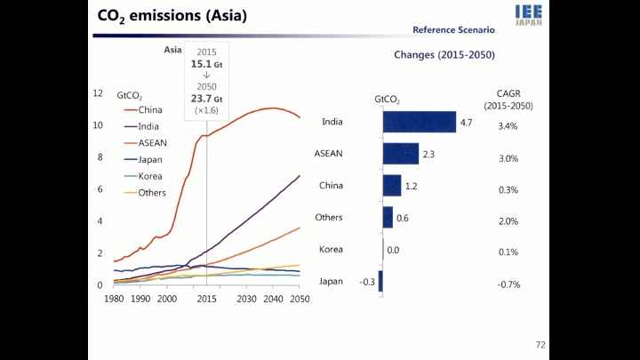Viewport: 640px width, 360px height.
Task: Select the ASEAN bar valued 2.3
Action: click(x=401, y=154)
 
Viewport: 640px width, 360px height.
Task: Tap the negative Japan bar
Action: click(x=380, y=281)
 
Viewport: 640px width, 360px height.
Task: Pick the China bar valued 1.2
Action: click(x=392, y=186)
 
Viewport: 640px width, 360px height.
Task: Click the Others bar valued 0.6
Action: click(x=388, y=217)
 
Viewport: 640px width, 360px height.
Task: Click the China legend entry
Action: click(x=144, y=110)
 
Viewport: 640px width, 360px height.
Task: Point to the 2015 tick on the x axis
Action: click(x=207, y=299)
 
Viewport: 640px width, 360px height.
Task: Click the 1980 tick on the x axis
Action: click(x=114, y=299)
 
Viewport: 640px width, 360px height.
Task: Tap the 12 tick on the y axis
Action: click(x=98, y=93)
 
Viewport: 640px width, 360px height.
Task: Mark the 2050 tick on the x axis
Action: click(x=299, y=299)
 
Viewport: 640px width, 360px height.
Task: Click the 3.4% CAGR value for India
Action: click(x=508, y=126)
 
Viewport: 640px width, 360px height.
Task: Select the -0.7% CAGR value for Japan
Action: click(x=508, y=284)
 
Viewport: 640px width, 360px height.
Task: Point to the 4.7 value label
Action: click(x=465, y=123)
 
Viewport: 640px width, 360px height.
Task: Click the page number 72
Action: click(x=540, y=344)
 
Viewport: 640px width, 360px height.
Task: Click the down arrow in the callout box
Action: click(x=206, y=76)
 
